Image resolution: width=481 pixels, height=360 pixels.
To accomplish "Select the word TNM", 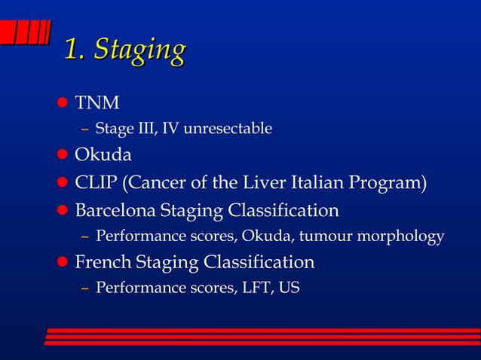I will pyautogui.click(x=96, y=102).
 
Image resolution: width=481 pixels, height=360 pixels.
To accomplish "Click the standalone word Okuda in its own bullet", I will pyautogui.click(x=103, y=155).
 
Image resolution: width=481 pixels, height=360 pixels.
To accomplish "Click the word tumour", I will pyautogui.click(x=326, y=236).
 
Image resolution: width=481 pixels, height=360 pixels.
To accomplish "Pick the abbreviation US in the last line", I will pyautogui.click(x=290, y=288).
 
